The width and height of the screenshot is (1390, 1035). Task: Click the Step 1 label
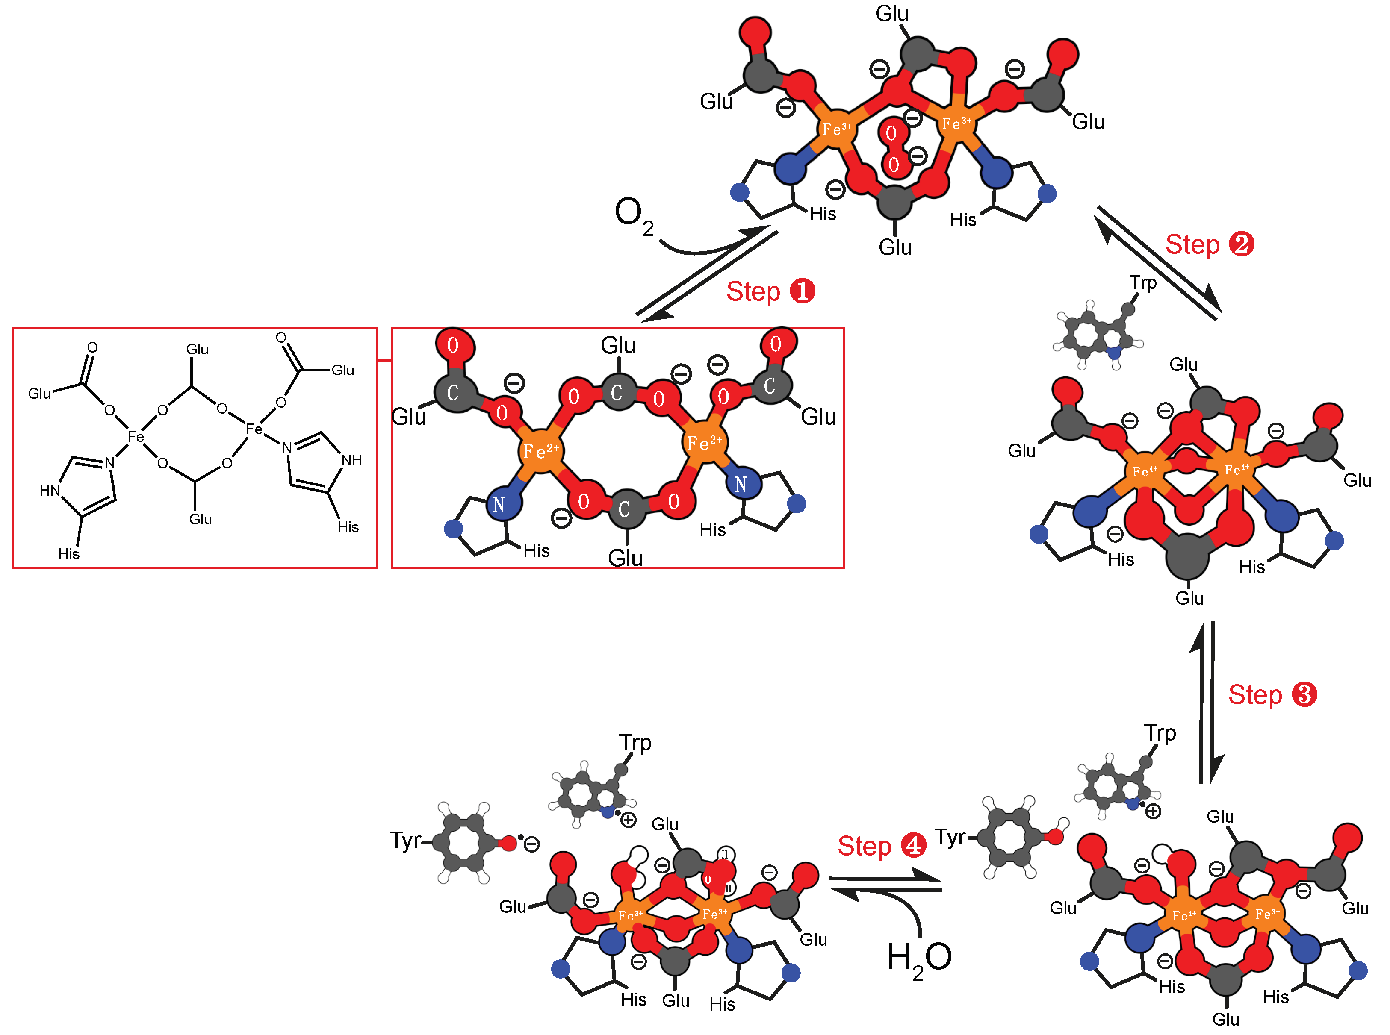(x=770, y=291)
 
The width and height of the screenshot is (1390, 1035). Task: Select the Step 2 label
(x=1209, y=244)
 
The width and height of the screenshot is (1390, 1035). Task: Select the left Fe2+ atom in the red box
(x=540, y=450)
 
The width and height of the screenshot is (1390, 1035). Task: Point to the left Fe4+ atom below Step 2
(x=1144, y=471)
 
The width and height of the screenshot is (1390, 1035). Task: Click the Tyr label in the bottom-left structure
(x=405, y=840)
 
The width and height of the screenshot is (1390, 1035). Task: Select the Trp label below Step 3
(x=1160, y=732)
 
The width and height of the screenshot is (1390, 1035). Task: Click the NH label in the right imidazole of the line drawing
(x=351, y=461)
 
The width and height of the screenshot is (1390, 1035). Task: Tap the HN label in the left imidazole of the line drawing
(x=50, y=491)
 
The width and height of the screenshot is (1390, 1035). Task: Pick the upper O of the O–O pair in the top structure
(x=891, y=133)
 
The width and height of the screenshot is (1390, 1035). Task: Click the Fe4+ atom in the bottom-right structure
(x=1184, y=915)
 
